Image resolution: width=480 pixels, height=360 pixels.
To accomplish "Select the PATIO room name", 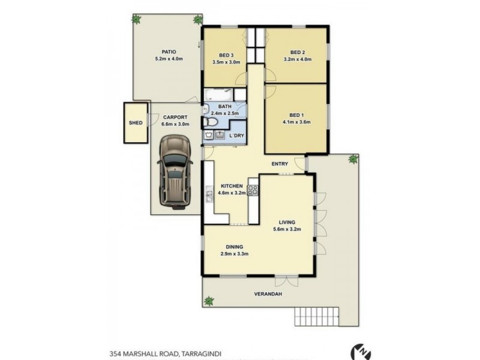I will (x=167, y=52).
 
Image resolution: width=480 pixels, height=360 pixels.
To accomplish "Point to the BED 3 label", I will (x=226, y=55).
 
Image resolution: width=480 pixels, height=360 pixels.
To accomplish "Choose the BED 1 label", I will (x=296, y=115).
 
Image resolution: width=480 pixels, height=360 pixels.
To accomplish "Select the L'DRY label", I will (x=236, y=136).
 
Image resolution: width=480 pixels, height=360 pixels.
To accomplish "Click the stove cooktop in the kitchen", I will (x=253, y=191).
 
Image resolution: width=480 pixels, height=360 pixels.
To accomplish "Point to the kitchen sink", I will (x=209, y=194).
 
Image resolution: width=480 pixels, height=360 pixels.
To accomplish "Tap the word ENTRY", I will (x=280, y=164).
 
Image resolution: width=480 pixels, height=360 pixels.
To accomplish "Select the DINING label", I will (x=234, y=246).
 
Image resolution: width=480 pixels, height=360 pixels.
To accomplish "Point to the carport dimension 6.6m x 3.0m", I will (x=175, y=124).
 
